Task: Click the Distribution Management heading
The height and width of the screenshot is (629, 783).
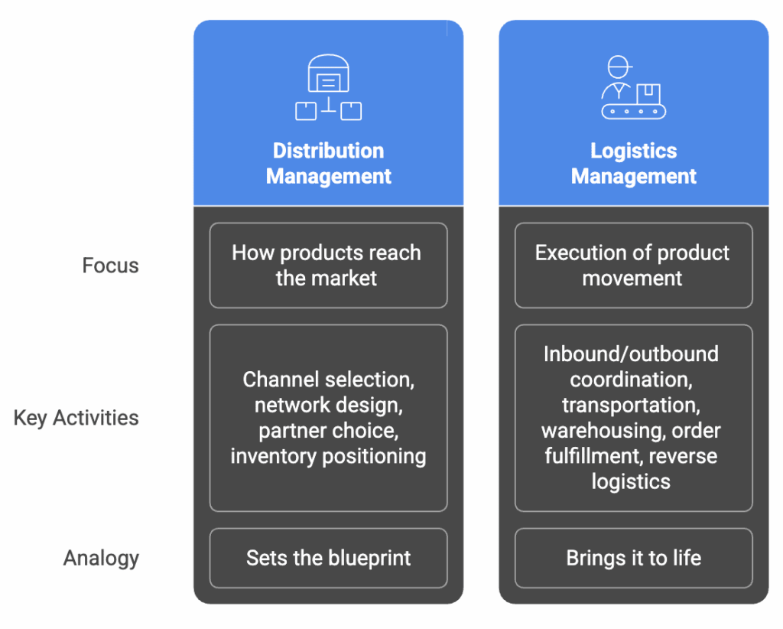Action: pos(328,163)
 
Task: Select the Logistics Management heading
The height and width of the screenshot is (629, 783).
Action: pos(633,163)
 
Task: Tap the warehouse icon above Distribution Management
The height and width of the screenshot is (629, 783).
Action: pos(328,87)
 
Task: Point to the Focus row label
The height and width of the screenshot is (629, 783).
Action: pos(110,266)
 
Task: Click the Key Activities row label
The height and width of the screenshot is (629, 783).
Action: pos(76,418)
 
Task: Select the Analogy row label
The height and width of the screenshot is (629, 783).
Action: pos(101,558)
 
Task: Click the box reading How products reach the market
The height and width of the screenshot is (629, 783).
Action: pos(328,266)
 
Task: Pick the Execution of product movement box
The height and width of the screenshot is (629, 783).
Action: pos(633,266)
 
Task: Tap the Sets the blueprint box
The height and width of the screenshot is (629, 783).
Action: pos(328,558)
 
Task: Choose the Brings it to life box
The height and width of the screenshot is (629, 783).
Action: pos(633,558)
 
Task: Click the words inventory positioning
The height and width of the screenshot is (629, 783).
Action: pos(328,456)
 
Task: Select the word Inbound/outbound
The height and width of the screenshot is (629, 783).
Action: pos(631,354)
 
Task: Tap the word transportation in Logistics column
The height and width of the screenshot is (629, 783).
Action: pos(631,405)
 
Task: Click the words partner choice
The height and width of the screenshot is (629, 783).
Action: pos(328,431)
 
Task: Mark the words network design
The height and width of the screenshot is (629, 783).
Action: pos(328,405)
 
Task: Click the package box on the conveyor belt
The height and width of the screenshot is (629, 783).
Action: pos(648,93)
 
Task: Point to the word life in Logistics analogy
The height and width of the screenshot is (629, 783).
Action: pos(686,558)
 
